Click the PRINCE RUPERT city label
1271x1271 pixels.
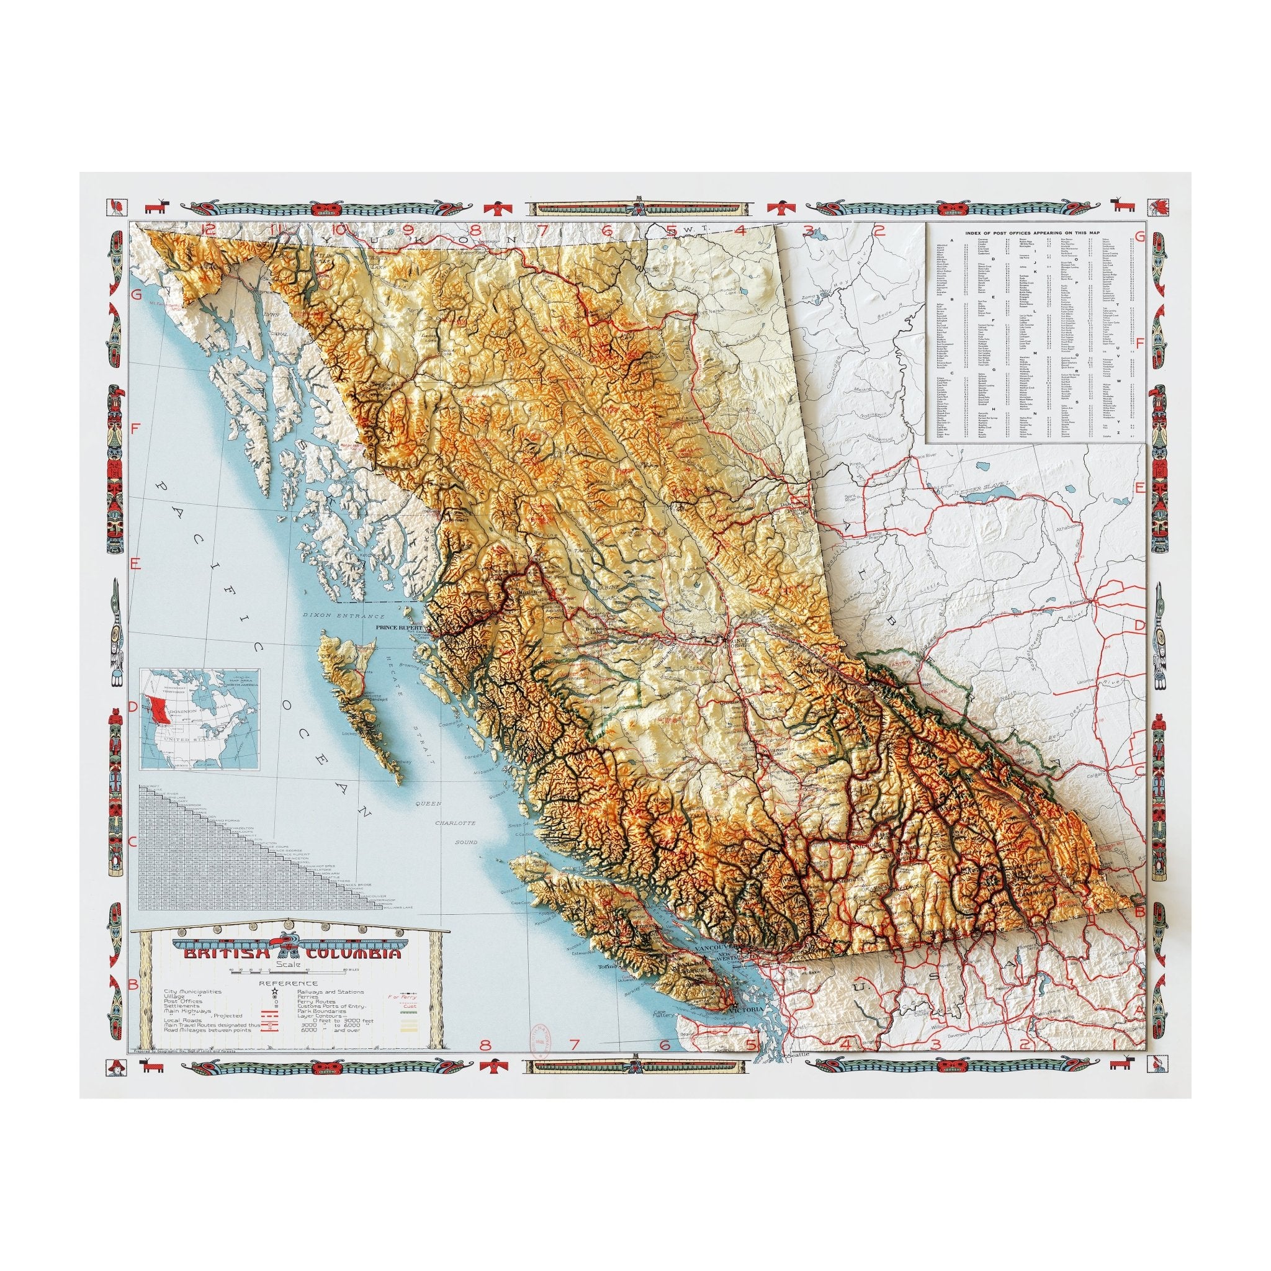397,627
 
